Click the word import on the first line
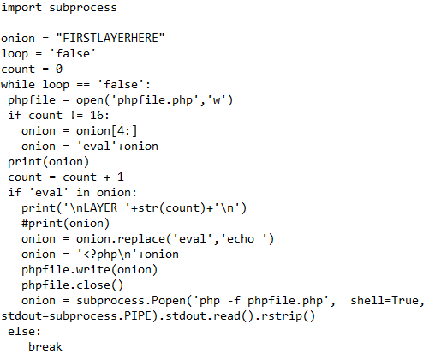(x=21, y=8)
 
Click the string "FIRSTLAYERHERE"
(x=110, y=38)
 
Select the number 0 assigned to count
(x=59, y=69)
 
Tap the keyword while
(x=18, y=84)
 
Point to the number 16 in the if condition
(x=97, y=115)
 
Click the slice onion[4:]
(x=106, y=131)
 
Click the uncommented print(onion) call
(x=49, y=162)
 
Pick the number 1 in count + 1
(x=121, y=177)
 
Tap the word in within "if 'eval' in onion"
(x=83, y=192)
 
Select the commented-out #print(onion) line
(x=65, y=224)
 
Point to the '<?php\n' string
(x=107, y=255)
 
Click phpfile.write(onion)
(x=89, y=270)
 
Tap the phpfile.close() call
(x=72, y=285)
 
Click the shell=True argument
(x=384, y=301)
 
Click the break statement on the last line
(x=45, y=347)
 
